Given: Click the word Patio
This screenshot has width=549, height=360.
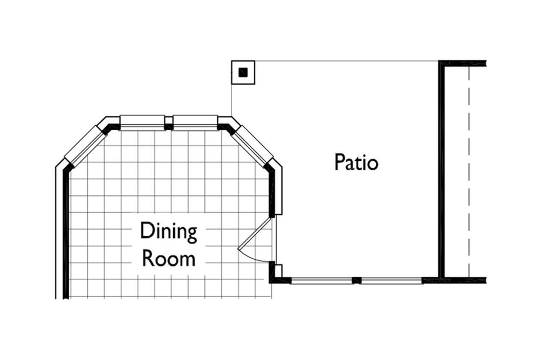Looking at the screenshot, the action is pos(356,162).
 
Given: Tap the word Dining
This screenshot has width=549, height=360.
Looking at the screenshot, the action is pos(168,231).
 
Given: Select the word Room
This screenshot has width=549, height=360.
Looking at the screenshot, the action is pos(168,259).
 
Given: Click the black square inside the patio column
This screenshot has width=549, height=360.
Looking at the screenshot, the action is pos(243,72).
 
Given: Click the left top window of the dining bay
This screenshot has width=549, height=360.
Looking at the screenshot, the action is pos(142,123).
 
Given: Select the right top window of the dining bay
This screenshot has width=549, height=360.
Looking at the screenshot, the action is pos(195,123).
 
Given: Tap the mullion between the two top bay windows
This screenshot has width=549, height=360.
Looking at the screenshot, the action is pos(169,123).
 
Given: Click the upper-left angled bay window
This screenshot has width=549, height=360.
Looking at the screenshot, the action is pos(85,146).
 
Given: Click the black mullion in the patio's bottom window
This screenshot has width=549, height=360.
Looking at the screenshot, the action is pos(357,280).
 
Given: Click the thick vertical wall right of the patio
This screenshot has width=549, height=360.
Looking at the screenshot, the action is pos(442,170).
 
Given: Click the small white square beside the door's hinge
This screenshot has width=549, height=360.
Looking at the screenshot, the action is pos(278,271).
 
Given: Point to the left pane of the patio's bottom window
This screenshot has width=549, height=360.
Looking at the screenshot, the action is pos(322,280).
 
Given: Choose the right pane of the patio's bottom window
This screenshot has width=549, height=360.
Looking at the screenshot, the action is pos(392,280).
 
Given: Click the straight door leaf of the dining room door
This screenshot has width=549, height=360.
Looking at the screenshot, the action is pos(255,234).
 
